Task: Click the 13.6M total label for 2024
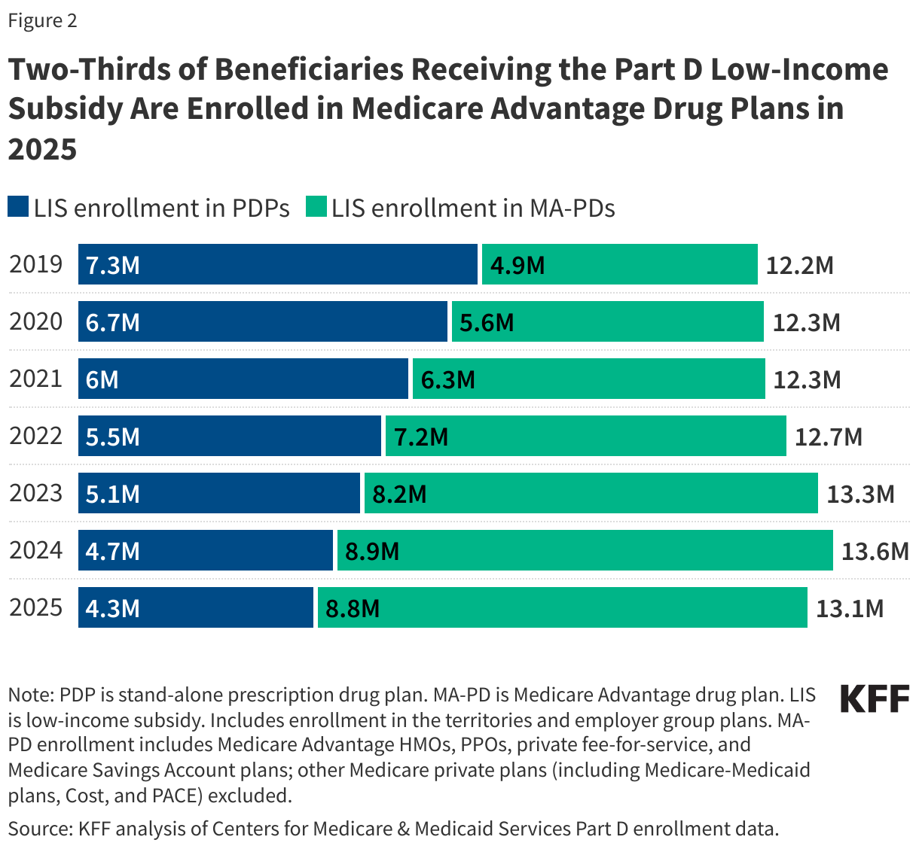[x=875, y=551]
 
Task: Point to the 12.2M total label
[x=800, y=265]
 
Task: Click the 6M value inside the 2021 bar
[x=102, y=379]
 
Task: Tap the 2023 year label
[x=36, y=493]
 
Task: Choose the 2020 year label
[x=36, y=321]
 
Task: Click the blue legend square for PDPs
[x=18, y=207]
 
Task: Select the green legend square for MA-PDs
[x=316, y=207]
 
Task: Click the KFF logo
[x=875, y=698]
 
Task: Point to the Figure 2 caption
[x=42, y=20]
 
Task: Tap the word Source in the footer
[x=38, y=829]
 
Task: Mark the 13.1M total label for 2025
[x=850, y=608]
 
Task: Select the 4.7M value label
[x=113, y=551]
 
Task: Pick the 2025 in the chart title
[x=43, y=149]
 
